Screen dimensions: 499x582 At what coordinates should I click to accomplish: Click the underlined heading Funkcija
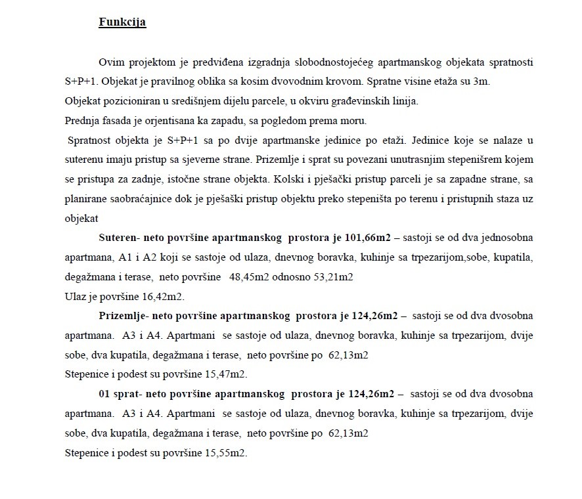coord(122,22)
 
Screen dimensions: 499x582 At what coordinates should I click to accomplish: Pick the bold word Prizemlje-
coord(123,316)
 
